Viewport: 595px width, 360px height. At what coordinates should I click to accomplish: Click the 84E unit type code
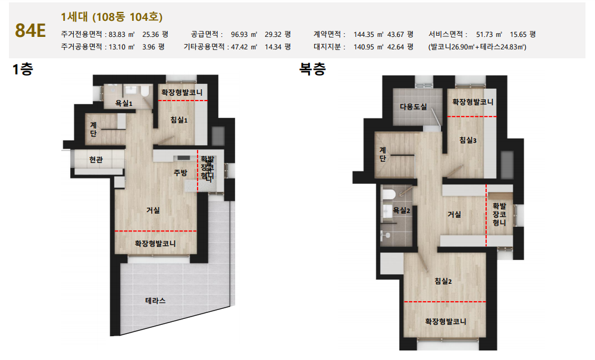(x=30, y=30)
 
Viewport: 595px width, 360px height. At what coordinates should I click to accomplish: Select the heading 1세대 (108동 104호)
(x=112, y=17)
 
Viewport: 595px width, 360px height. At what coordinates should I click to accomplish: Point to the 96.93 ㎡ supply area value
(x=244, y=34)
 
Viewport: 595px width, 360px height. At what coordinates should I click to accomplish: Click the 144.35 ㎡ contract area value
(x=368, y=34)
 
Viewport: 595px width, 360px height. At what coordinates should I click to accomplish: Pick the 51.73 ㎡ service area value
(x=489, y=34)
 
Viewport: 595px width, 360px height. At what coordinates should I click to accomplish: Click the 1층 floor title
(x=23, y=69)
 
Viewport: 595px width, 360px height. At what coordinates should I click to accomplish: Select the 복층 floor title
(x=312, y=68)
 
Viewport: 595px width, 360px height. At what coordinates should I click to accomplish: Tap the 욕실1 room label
(x=124, y=103)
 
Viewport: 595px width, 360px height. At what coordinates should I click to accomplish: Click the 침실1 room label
(x=179, y=120)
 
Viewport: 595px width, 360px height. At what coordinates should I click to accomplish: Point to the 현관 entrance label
(x=96, y=159)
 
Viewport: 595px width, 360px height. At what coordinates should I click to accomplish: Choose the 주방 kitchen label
(x=181, y=173)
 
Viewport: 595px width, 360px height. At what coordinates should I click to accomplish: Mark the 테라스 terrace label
(x=155, y=300)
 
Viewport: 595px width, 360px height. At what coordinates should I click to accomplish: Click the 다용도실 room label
(x=414, y=107)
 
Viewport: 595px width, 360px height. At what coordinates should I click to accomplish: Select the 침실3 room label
(x=468, y=140)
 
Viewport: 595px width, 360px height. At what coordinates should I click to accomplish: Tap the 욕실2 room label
(x=402, y=210)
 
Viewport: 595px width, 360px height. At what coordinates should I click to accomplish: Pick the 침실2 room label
(x=443, y=281)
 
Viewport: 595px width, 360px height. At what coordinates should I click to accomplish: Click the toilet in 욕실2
(x=389, y=194)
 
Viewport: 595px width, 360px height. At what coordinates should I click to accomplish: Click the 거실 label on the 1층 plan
(x=154, y=210)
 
